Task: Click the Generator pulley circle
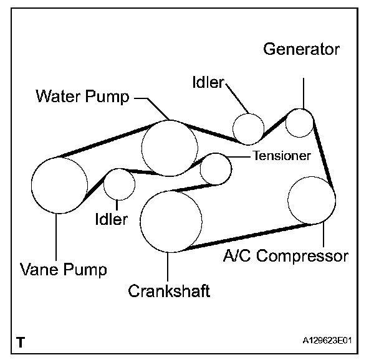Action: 299,123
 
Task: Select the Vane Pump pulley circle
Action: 60,185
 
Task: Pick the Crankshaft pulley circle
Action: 171,221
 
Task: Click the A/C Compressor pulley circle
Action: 312,199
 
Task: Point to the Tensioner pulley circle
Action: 216,168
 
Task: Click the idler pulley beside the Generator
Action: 249,128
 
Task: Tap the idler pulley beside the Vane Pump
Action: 119,184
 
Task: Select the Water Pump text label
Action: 82,96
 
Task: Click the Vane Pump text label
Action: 64,270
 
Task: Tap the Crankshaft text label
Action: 168,290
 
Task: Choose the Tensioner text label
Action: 281,155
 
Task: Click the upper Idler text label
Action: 208,82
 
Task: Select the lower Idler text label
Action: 112,219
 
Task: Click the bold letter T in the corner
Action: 22,342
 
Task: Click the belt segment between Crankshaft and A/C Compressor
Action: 249,237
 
